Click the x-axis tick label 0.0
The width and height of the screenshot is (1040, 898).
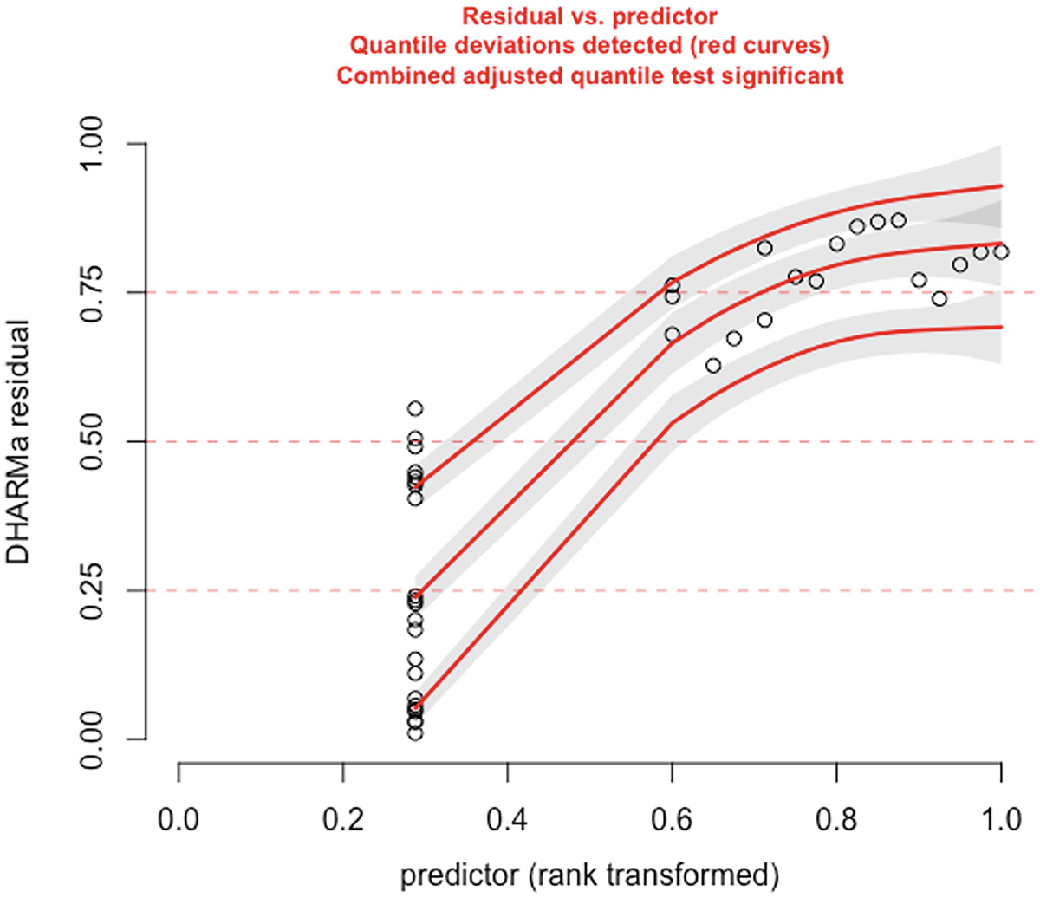tap(179, 818)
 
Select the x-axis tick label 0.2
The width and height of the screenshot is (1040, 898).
tap(343, 818)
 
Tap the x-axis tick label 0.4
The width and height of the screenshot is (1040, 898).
tap(508, 818)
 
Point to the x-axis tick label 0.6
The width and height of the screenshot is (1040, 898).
tap(673, 818)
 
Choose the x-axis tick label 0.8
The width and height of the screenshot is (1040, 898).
tap(837, 818)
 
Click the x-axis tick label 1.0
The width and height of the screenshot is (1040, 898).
tap(1002, 818)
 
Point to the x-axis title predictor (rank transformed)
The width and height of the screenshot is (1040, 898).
tap(589, 875)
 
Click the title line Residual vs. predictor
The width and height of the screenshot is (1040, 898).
tap(589, 16)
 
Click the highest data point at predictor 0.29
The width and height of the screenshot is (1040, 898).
tap(415, 408)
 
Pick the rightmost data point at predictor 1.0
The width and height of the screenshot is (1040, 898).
tap(1001, 252)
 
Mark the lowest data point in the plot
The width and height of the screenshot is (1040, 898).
tap(415, 733)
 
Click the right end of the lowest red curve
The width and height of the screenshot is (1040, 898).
tap(1001, 327)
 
